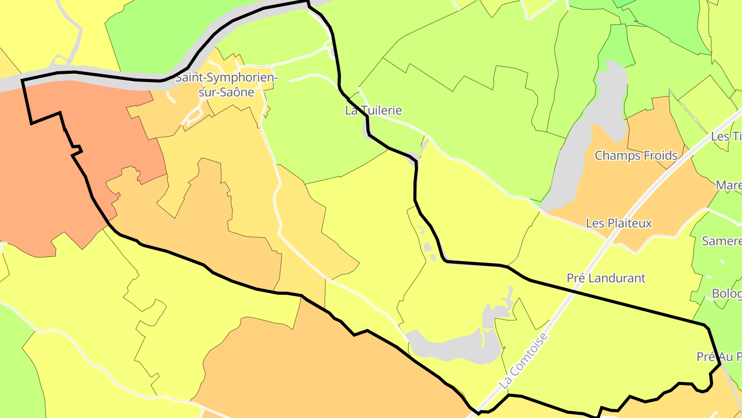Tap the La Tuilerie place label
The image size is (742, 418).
pos(374,110)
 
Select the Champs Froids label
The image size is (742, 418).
pos(636,155)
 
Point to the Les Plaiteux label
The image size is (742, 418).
pos(619,223)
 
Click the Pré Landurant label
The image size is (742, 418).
pos(606,278)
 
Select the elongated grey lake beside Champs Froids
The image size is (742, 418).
pos(587,134)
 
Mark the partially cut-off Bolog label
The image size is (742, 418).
pos(727,294)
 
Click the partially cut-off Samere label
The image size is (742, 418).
pos(722,241)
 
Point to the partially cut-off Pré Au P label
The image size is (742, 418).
pos(719,357)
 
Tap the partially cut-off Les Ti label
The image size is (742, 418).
pos(727,137)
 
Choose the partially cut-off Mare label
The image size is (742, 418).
pos(729,185)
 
